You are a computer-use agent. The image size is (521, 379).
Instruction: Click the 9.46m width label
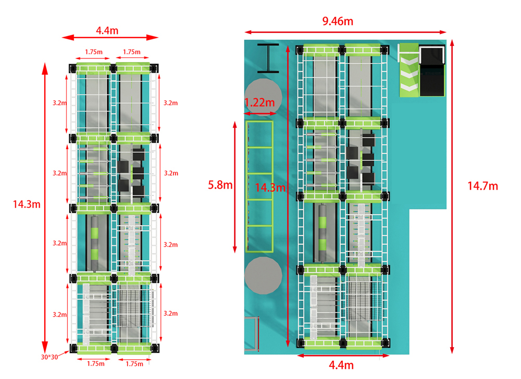pos(338,21)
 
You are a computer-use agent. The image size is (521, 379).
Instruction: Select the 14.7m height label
pos(483,186)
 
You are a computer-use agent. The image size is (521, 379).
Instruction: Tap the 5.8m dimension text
pos(220,185)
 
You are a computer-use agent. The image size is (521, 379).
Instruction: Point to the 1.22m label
pos(259,102)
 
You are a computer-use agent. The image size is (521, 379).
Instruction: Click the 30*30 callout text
pos(49,357)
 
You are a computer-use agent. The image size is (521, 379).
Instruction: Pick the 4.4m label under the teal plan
pos(341,365)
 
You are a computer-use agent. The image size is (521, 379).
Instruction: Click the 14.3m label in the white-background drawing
pos(27,204)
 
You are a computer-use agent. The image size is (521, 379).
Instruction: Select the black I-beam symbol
pos(268,58)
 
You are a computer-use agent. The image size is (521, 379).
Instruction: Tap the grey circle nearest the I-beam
pos(263,97)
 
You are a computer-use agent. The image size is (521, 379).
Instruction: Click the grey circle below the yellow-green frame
pos(263,275)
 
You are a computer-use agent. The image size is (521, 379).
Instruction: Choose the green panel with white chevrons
pos(409,70)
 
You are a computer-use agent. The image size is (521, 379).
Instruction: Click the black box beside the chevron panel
pos(432,71)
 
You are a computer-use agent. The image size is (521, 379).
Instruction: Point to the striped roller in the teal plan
pos(322,233)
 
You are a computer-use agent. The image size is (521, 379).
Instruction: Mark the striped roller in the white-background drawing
pos(95,243)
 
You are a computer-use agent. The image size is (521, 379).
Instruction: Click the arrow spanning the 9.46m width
pos(345,32)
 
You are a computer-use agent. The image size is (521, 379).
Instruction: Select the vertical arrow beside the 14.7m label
pos(452,197)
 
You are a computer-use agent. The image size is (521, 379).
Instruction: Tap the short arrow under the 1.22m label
pos(260,114)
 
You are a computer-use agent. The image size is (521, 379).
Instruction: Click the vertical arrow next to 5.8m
pos(235,187)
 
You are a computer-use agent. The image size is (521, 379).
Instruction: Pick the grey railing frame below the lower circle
pos(252,334)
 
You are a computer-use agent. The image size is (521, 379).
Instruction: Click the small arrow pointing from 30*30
pos(64,353)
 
